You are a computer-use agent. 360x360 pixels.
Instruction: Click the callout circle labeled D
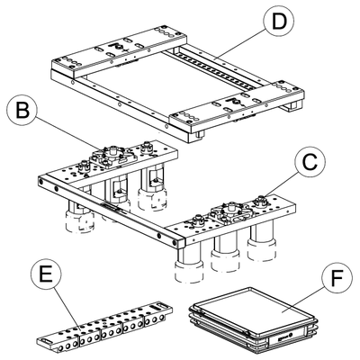(279, 21)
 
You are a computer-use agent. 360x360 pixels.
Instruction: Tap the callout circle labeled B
(22, 111)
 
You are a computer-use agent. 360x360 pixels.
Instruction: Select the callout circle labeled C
(310, 164)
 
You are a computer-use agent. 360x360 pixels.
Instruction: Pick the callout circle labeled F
(337, 278)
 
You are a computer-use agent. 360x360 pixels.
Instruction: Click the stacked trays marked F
(253, 319)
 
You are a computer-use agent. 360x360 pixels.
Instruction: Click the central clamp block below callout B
(112, 155)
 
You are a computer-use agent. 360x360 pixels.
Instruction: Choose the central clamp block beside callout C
(231, 212)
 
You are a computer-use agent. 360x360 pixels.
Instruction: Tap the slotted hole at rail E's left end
(48, 341)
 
